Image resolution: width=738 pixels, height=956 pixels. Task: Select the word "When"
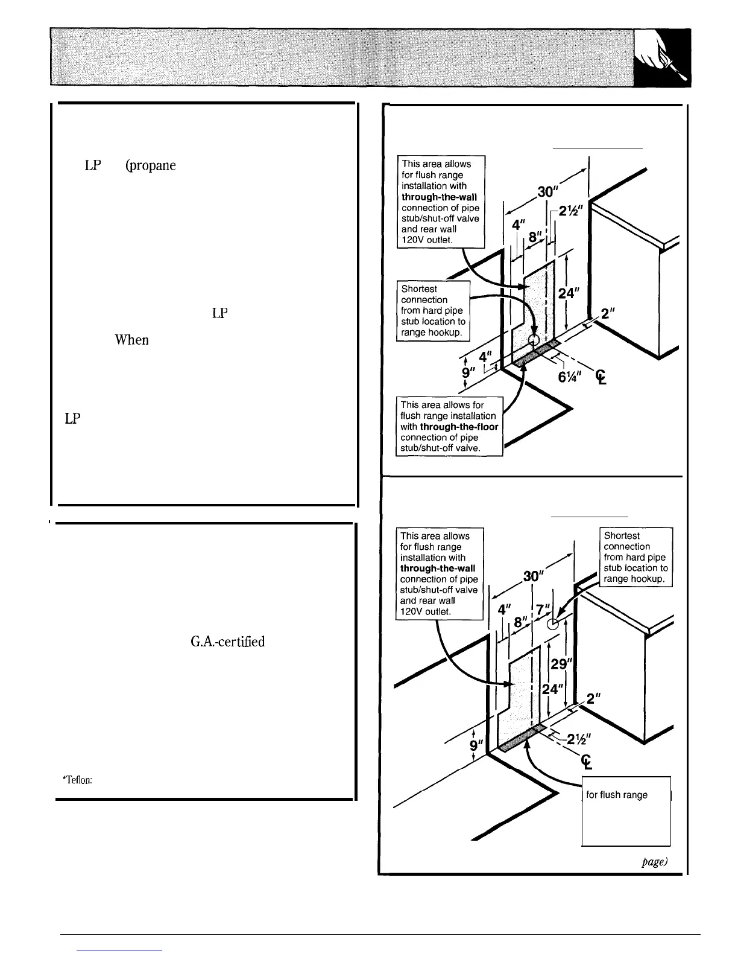(x=131, y=340)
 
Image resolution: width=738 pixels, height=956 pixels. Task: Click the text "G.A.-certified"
(x=227, y=641)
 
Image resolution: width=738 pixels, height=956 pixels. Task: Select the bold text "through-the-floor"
(x=459, y=427)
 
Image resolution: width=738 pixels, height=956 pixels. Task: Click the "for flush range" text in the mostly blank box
(x=617, y=795)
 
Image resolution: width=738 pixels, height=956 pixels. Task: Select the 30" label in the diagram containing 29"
(x=532, y=576)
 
